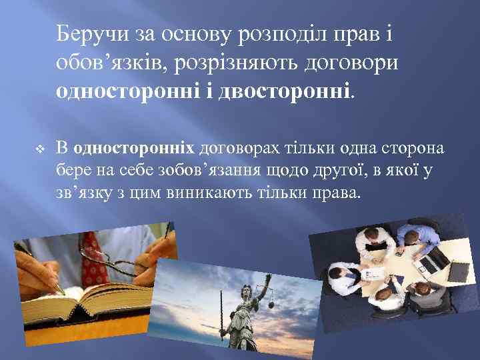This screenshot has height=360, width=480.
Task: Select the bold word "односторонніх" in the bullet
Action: coord(134,148)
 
